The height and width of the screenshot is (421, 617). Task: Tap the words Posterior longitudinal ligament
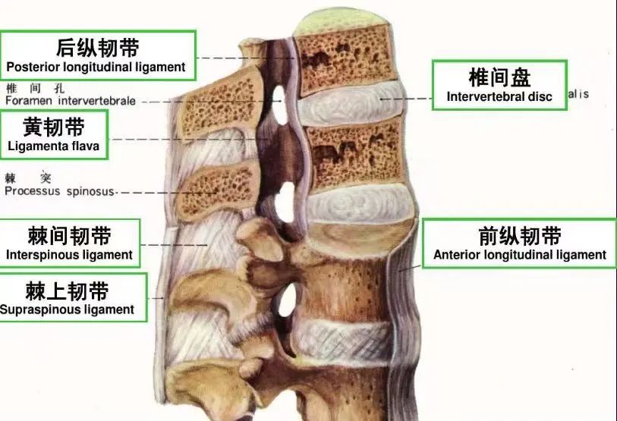96,67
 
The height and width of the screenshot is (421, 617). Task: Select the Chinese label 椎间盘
499,77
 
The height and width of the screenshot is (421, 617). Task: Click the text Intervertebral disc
499,96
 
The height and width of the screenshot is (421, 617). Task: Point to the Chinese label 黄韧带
54,126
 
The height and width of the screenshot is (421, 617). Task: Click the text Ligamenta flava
54,146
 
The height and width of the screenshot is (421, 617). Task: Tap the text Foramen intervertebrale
71,100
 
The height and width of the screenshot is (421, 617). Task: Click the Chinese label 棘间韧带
69,235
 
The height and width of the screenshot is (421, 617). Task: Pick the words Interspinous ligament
69,255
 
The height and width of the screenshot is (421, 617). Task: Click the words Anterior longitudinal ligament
520,255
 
